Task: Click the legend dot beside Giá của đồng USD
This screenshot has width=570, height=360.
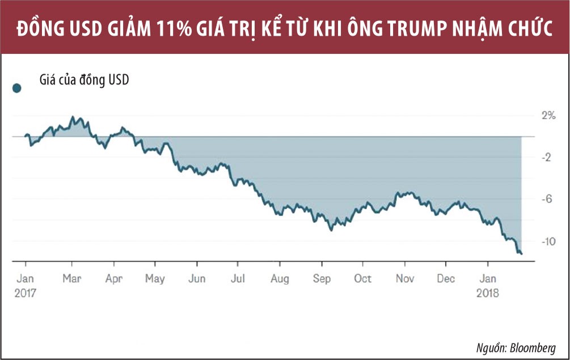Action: point(17,88)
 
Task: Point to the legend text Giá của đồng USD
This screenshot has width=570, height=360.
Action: point(85,80)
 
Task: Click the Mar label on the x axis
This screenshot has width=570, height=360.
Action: point(71,278)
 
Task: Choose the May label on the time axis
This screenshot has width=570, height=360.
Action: point(155,278)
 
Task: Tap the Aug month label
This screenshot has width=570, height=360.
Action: point(280,278)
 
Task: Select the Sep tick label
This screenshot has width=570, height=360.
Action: point(322,278)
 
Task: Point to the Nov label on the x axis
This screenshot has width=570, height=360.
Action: point(404,278)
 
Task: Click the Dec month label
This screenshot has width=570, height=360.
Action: point(446,278)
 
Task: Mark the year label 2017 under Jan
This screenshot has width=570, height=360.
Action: point(26,294)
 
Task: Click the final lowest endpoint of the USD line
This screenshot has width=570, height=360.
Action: point(521,253)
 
